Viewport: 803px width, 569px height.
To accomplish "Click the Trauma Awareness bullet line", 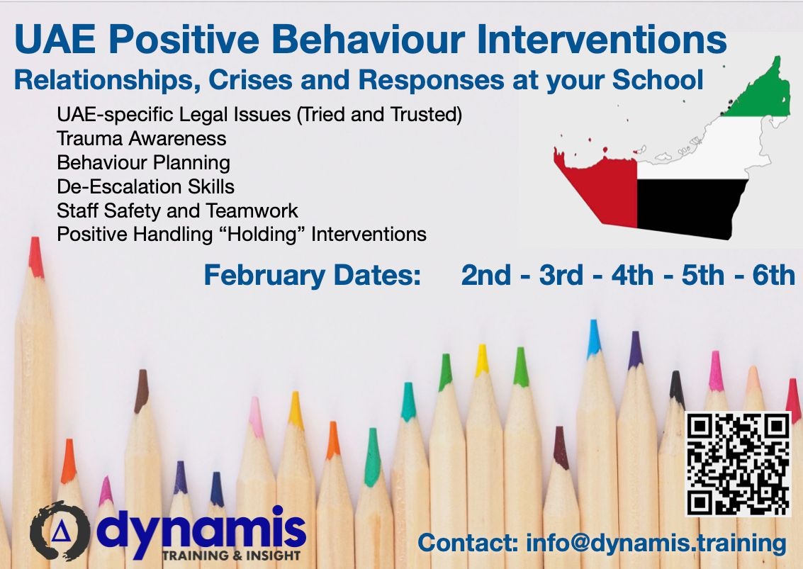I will pyautogui.click(x=142, y=137).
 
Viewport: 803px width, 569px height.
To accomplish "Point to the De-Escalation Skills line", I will pyautogui.click(x=145, y=186).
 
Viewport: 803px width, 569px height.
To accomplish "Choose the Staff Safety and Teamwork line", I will pyautogui.click(x=177, y=210).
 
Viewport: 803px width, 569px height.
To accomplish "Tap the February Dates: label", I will pyautogui.click(x=312, y=276).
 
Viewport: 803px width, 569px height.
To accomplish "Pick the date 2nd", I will pyautogui.click(x=486, y=276).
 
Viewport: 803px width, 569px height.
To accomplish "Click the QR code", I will pyautogui.click(x=738, y=463).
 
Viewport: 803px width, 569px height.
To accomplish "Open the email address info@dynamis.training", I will pyautogui.click(x=656, y=543).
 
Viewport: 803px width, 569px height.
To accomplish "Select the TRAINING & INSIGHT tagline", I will pyautogui.click(x=231, y=556).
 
